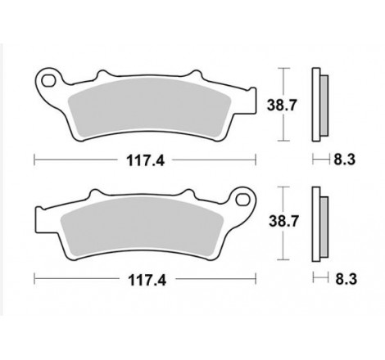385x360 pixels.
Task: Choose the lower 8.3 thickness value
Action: click(344, 278)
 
